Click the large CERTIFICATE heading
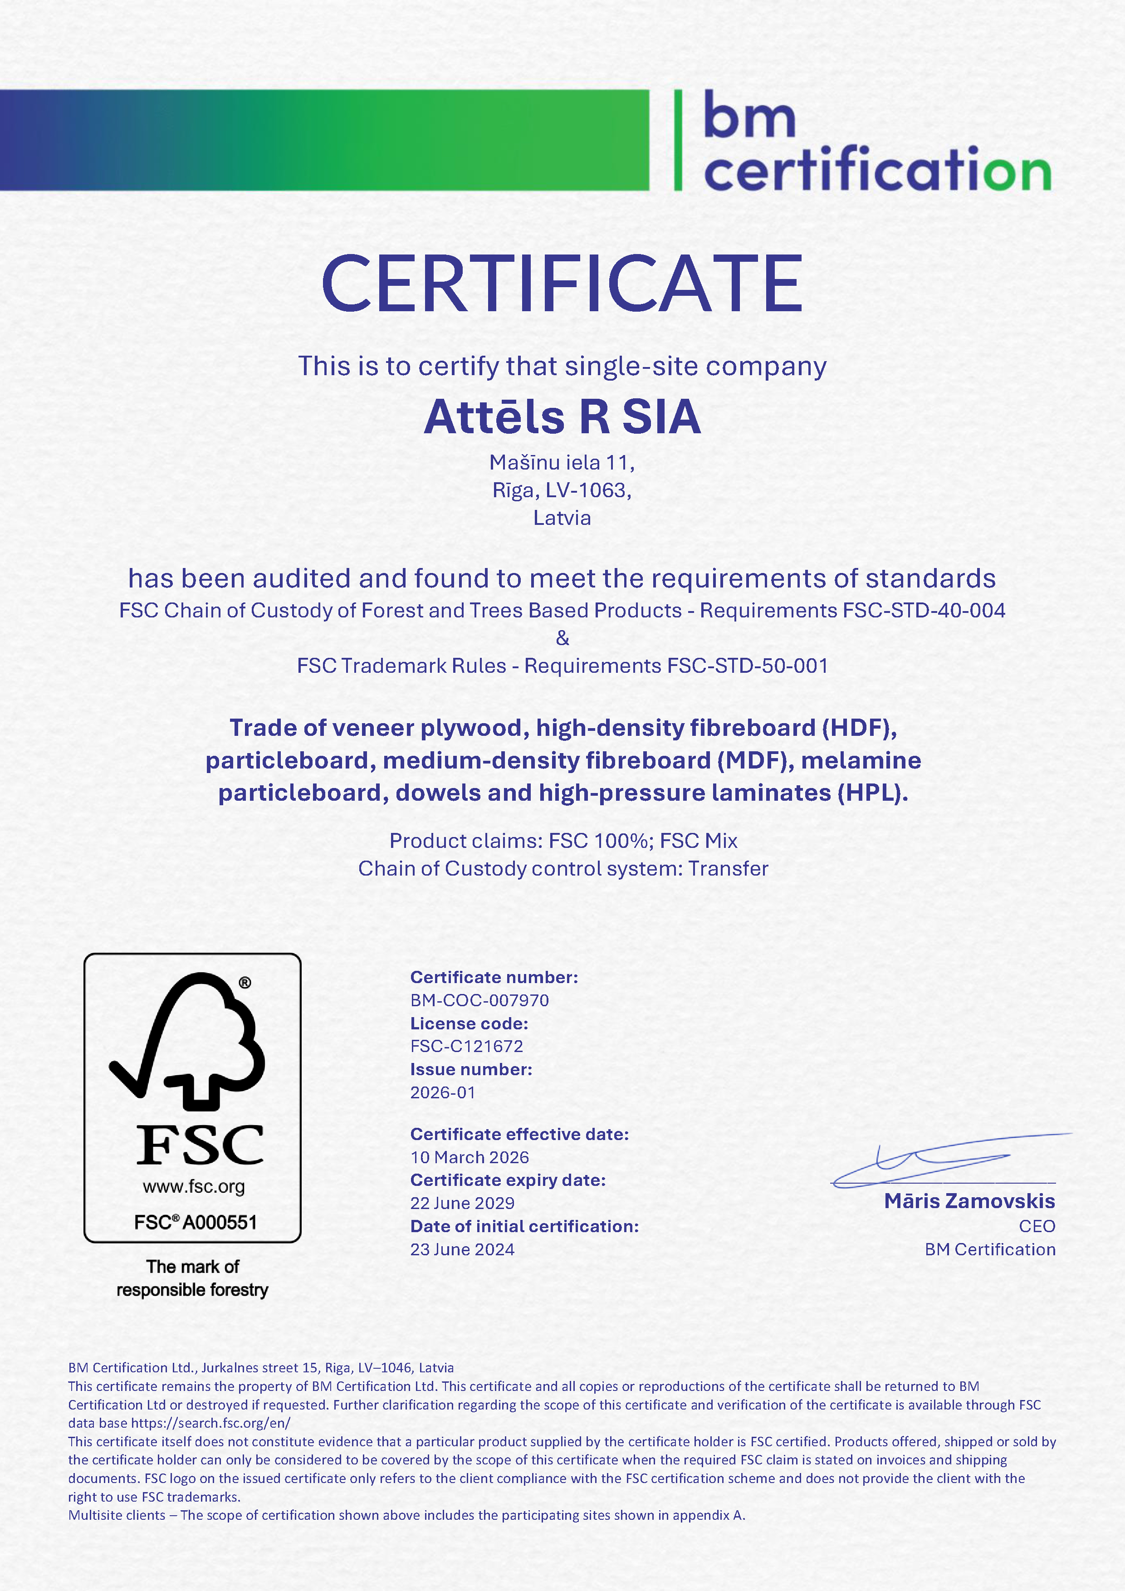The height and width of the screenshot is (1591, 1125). (562, 284)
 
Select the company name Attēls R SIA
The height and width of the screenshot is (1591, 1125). (562, 417)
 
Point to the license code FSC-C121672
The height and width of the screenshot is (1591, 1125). (466, 1046)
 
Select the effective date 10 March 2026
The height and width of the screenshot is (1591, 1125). (469, 1157)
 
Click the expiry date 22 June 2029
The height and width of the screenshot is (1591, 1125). (462, 1203)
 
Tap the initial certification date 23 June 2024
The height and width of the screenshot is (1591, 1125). (462, 1249)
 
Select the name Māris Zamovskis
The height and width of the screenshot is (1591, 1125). (969, 1201)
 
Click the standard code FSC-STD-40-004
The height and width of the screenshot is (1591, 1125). (924, 611)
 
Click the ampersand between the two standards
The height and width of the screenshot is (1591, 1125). (562, 638)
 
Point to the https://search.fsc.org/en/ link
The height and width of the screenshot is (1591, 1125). (210, 1423)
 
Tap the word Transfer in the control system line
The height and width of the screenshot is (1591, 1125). (728, 869)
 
